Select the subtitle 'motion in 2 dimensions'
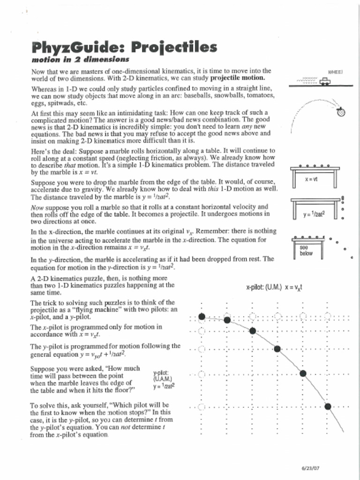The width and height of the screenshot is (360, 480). (x=80, y=60)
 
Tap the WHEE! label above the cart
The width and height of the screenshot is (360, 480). (x=335, y=73)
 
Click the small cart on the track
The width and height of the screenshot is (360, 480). (x=324, y=82)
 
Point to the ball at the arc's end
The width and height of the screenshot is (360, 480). (x=341, y=112)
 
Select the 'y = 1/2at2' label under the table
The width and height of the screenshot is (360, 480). (x=314, y=215)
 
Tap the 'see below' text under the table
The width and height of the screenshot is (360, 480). (x=306, y=250)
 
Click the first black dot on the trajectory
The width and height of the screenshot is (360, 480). (x=202, y=316)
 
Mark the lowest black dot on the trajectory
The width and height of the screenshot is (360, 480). (x=328, y=406)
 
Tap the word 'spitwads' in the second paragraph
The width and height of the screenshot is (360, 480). (x=62, y=103)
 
